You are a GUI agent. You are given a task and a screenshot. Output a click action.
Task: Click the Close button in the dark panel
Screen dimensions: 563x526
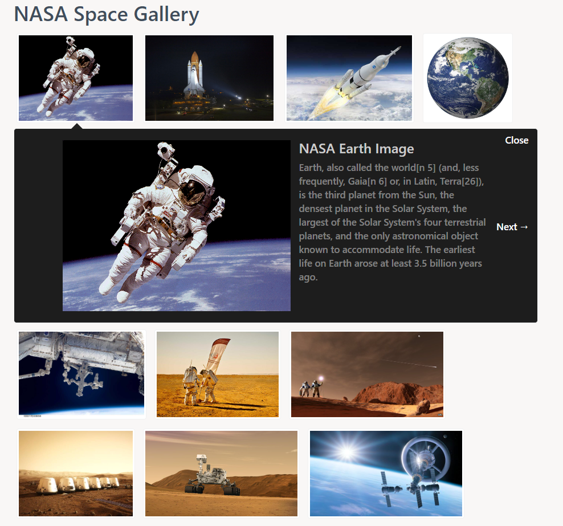click(x=516, y=140)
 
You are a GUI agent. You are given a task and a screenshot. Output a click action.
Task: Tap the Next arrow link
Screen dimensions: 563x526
click(x=512, y=227)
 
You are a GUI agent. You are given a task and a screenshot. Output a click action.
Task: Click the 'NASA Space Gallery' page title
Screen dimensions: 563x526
click(x=107, y=15)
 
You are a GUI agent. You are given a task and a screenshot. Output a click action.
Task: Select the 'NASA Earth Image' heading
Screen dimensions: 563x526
click(x=356, y=149)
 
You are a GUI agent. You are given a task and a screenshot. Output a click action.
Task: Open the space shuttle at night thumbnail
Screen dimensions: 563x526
click(x=209, y=78)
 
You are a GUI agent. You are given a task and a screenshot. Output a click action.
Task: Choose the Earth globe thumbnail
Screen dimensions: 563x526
click(x=467, y=78)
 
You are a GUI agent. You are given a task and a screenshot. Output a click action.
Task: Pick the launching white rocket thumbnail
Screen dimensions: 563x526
click(x=349, y=78)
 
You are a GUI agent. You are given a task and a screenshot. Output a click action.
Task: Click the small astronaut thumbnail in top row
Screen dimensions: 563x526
click(x=76, y=78)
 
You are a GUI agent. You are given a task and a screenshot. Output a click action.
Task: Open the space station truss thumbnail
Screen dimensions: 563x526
click(x=81, y=374)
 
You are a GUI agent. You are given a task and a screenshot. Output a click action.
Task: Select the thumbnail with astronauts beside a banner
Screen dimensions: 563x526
click(x=218, y=374)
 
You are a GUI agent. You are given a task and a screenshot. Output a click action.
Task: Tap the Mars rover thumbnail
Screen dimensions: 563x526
click(x=221, y=473)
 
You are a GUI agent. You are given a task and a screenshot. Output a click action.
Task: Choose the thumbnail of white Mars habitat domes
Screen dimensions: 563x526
click(x=76, y=473)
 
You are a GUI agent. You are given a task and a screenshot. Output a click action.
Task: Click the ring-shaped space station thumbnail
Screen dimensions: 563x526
click(x=386, y=473)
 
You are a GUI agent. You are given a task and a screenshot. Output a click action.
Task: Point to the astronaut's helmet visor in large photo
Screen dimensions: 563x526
click(x=192, y=192)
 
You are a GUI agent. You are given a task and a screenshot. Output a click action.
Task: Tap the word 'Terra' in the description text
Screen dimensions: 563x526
click(x=451, y=181)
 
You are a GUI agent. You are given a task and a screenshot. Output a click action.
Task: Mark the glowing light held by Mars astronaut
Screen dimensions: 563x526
click(x=321, y=378)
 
